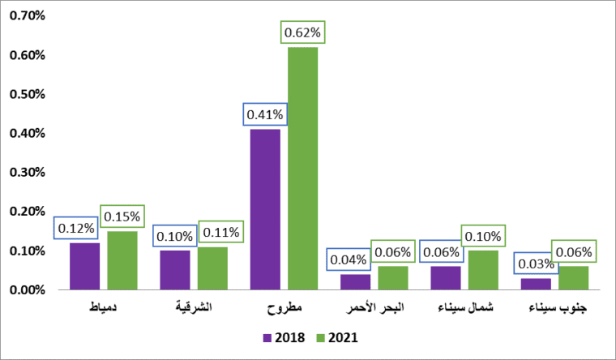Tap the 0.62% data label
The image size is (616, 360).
pos(302,33)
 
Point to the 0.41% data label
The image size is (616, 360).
pos(265,114)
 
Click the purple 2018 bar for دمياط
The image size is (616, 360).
pos(84,266)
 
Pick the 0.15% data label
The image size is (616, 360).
pos(122,216)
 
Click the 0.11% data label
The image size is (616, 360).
pos(219,233)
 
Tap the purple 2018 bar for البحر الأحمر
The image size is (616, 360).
pos(355,281)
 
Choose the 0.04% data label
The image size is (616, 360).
pos(349,260)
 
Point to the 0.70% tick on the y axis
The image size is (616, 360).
pos(28,15)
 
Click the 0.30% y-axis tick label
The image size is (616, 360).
pos(28,173)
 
